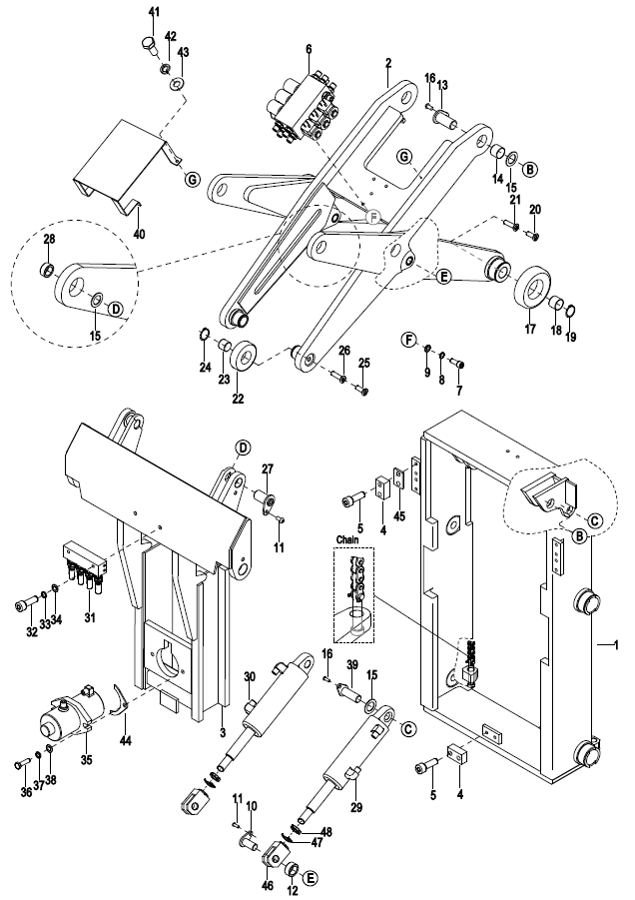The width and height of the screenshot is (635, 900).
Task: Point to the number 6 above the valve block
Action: tap(309, 49)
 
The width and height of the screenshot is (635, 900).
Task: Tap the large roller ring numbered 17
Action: tap(533, 286)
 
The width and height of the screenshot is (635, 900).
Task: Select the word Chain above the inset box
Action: tap(347, 539)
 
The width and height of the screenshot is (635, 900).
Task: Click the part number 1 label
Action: tap(616, 645)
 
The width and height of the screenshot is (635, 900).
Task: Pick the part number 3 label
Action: tap(223, 732)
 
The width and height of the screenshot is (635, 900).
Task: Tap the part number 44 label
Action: tap(126, 741)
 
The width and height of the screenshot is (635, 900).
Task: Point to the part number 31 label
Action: tap(90, 617)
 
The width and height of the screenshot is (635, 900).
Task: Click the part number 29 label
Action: tap(356, 808)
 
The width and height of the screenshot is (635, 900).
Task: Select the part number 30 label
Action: tap(250, 676)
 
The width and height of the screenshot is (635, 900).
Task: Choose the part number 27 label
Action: tap(268, 468)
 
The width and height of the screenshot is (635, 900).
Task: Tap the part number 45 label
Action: tap(399, 516)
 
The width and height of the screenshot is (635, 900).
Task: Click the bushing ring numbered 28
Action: tap(48, 269)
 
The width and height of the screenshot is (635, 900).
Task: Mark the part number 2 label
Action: tap(388, 63)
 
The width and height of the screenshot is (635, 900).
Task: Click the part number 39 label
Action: tap(352, 664)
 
